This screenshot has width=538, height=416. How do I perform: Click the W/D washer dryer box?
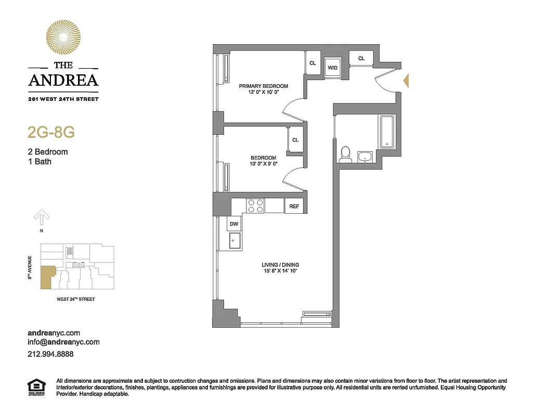(333, 67)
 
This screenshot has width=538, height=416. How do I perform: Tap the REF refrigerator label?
(294, 206)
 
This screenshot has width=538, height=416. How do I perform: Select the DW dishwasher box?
(234, 224)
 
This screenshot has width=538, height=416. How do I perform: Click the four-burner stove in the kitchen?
(254, 206)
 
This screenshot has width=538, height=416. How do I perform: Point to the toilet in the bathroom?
(345, 153)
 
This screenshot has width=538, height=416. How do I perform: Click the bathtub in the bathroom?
(387, 132)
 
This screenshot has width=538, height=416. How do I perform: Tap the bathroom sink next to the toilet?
(365, 156)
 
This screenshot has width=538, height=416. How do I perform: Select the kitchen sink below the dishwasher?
(234, 240)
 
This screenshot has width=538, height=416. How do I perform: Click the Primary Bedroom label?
(263, 86)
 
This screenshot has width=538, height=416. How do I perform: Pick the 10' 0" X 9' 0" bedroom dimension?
(263, 164)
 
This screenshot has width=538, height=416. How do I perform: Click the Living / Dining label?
(280, 265)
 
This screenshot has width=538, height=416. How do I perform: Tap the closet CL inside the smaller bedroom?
(295, 140)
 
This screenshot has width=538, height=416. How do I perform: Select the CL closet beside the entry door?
(361, 58)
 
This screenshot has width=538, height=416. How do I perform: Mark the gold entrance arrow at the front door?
(407, 81)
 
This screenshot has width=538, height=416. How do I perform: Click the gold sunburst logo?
(63, 38)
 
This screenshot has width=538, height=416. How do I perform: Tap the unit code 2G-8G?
(51, 132)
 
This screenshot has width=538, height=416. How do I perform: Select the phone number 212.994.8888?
(50, 354)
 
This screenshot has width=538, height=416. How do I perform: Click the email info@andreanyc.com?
(63, 342)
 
